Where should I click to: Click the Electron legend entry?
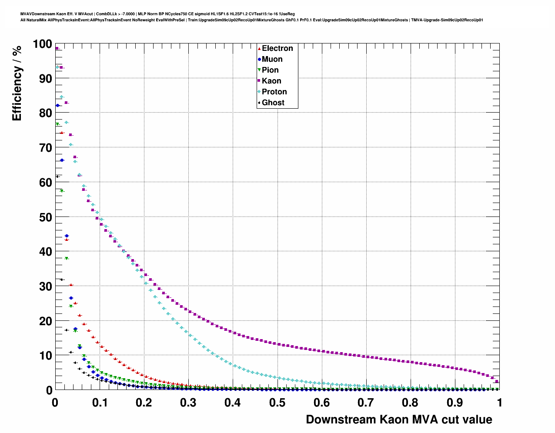tap(277, 48)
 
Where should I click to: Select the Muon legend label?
tap(272, 59)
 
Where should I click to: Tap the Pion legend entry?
tap(270, 70)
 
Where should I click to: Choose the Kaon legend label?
tap(271, 81)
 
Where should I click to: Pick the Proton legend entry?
tap(274, 92)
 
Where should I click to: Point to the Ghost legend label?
tap(273, 103)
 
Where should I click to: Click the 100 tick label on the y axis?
tap(42, 44)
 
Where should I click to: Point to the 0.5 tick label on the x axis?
tap(277, 403)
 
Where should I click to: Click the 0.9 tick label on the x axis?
tap(455, 403)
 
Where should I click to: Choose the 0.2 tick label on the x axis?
tap(144, 403)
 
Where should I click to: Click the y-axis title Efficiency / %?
tap(17, 83)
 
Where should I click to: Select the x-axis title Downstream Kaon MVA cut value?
tap(399, 420)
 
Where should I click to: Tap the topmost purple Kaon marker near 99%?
tap(57, 48)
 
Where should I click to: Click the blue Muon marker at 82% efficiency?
tap(57, 106)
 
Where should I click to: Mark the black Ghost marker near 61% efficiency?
tap(57, 177)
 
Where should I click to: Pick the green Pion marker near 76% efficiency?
tap(57, 124)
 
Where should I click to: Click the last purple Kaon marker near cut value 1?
tap(497, 381)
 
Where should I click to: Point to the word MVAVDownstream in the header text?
tap(38, 14)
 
